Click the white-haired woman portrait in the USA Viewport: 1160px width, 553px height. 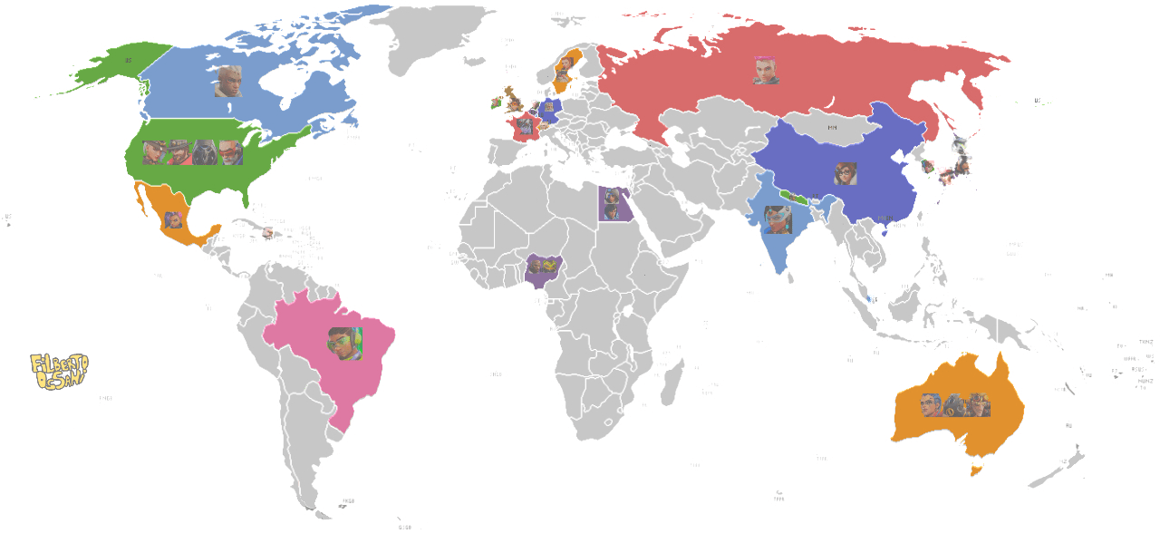[x=155, y=152]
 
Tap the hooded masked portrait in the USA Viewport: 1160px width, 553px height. [x=205, y=152]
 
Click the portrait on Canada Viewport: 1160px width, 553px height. [x=227, y=82]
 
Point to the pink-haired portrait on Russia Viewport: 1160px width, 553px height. [x=766, y=70]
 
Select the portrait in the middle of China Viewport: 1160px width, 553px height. [x=846, y=173]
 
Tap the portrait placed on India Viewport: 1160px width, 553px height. [x=778, y=220]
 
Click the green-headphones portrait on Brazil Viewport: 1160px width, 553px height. [x=344, y=344]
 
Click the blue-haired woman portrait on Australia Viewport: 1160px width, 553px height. [x=931, y=405]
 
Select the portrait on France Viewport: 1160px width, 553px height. [x=526, y=127]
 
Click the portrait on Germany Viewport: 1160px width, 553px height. [x=548, y=107]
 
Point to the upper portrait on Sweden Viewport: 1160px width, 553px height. [x=566, y=63]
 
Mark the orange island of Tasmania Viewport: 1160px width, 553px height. [x=975, y=470]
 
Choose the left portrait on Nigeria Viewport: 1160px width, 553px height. [x=535, y=266]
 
